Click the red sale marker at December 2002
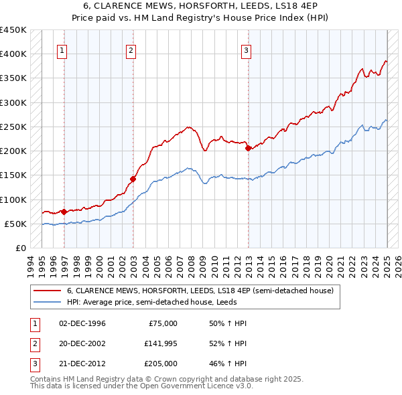pyautogui.click(x=133, y=179)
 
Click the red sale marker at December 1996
pyautogui.click(x=64, y=212)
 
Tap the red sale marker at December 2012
pyautogui.click(x=248, y=149)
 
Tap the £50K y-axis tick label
pyautogui.click(x=15, y=224)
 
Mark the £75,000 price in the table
pyautogui.click(x=161, y=323)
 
